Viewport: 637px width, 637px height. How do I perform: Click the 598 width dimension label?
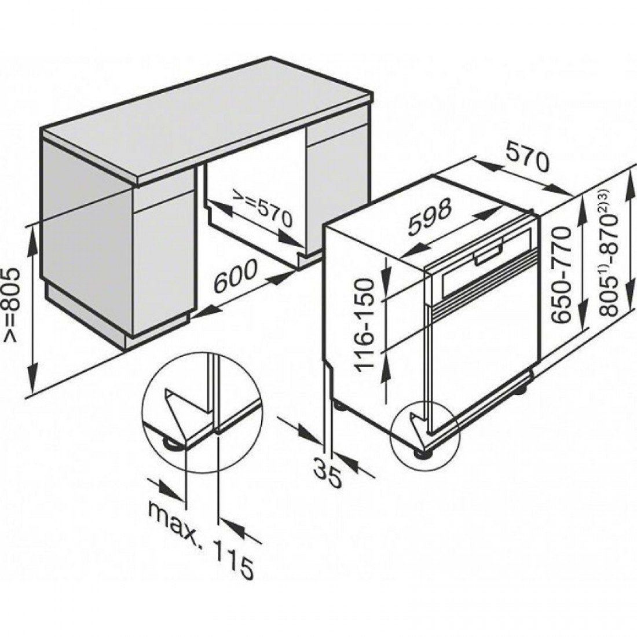click(430, 216)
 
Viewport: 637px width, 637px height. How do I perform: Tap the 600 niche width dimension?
click(235, 276)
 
